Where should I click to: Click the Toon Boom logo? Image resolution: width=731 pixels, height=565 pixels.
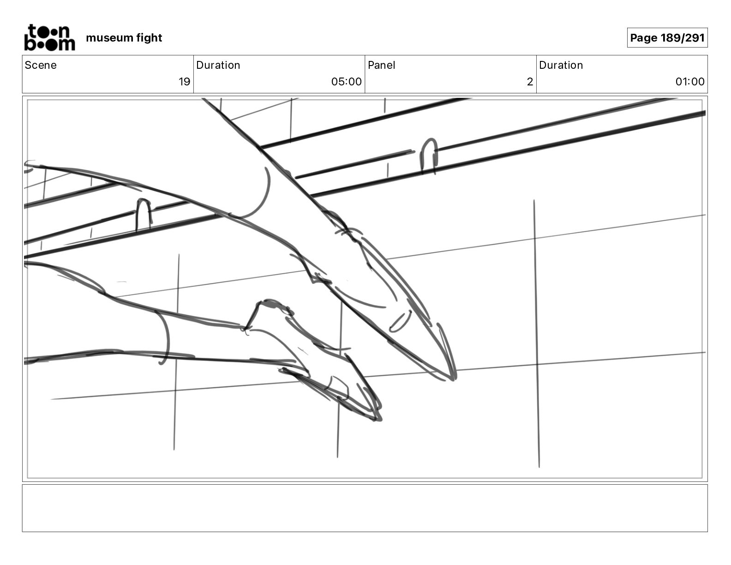coord(49,37)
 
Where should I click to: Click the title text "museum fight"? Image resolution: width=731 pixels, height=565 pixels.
coord(124,38)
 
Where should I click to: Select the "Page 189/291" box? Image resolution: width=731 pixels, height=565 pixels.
coord(667,38)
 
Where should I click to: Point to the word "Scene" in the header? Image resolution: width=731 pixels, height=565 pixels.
coord(41,65)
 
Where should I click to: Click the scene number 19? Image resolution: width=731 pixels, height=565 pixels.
coord(184,82)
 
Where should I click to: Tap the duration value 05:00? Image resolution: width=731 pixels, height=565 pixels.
coord(346,82)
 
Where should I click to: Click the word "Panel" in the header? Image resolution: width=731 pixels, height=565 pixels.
coord(381,65)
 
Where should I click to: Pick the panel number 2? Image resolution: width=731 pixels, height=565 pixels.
coord(530,82)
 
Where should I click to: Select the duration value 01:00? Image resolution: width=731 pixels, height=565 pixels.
coord(689,82)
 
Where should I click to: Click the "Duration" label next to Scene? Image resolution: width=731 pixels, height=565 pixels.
coord(218,65)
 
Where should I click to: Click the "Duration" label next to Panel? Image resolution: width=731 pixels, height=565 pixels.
coord(561,65)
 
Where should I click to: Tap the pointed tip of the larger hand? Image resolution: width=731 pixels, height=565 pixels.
coord(453,378)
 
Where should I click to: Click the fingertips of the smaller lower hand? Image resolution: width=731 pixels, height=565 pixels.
coord(377,418)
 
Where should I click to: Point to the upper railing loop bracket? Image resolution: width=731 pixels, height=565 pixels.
coord(429,155)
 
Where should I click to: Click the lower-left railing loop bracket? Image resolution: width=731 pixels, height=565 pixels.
coord(143,213)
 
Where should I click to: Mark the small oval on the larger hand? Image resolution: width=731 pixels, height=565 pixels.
coord(400,321)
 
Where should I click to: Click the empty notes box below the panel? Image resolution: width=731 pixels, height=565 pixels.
coord(365,508)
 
